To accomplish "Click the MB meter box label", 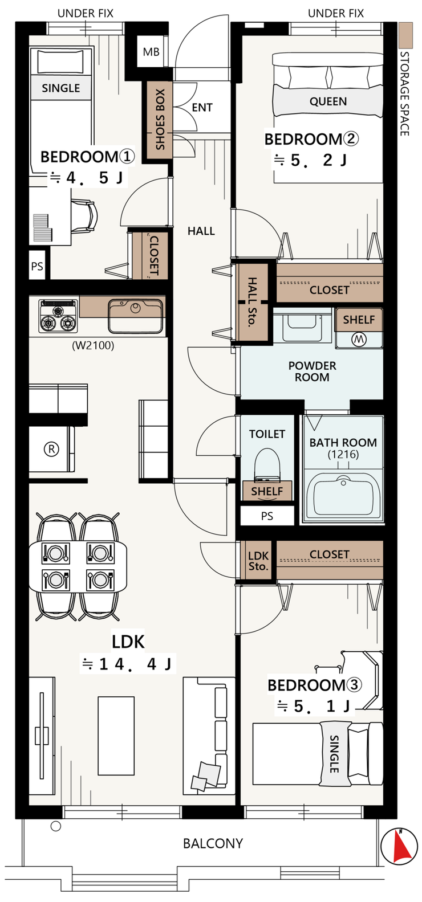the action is point(151,52).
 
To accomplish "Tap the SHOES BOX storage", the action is point(159,120).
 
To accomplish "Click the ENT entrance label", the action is point(202,108).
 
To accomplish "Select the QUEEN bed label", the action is point(328,101).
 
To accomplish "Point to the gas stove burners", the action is point(58,316).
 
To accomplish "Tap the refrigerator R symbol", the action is point(51,448).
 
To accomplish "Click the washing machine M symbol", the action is point(359,340).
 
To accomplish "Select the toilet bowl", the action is point(267,464).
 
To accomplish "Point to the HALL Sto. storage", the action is point(252,302).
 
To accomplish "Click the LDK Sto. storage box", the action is point(258,561).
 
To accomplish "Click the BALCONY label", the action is point(213,843).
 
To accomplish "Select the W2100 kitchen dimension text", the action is point(93,345).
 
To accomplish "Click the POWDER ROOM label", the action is point(312,372).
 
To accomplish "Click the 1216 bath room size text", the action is point(343,454).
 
